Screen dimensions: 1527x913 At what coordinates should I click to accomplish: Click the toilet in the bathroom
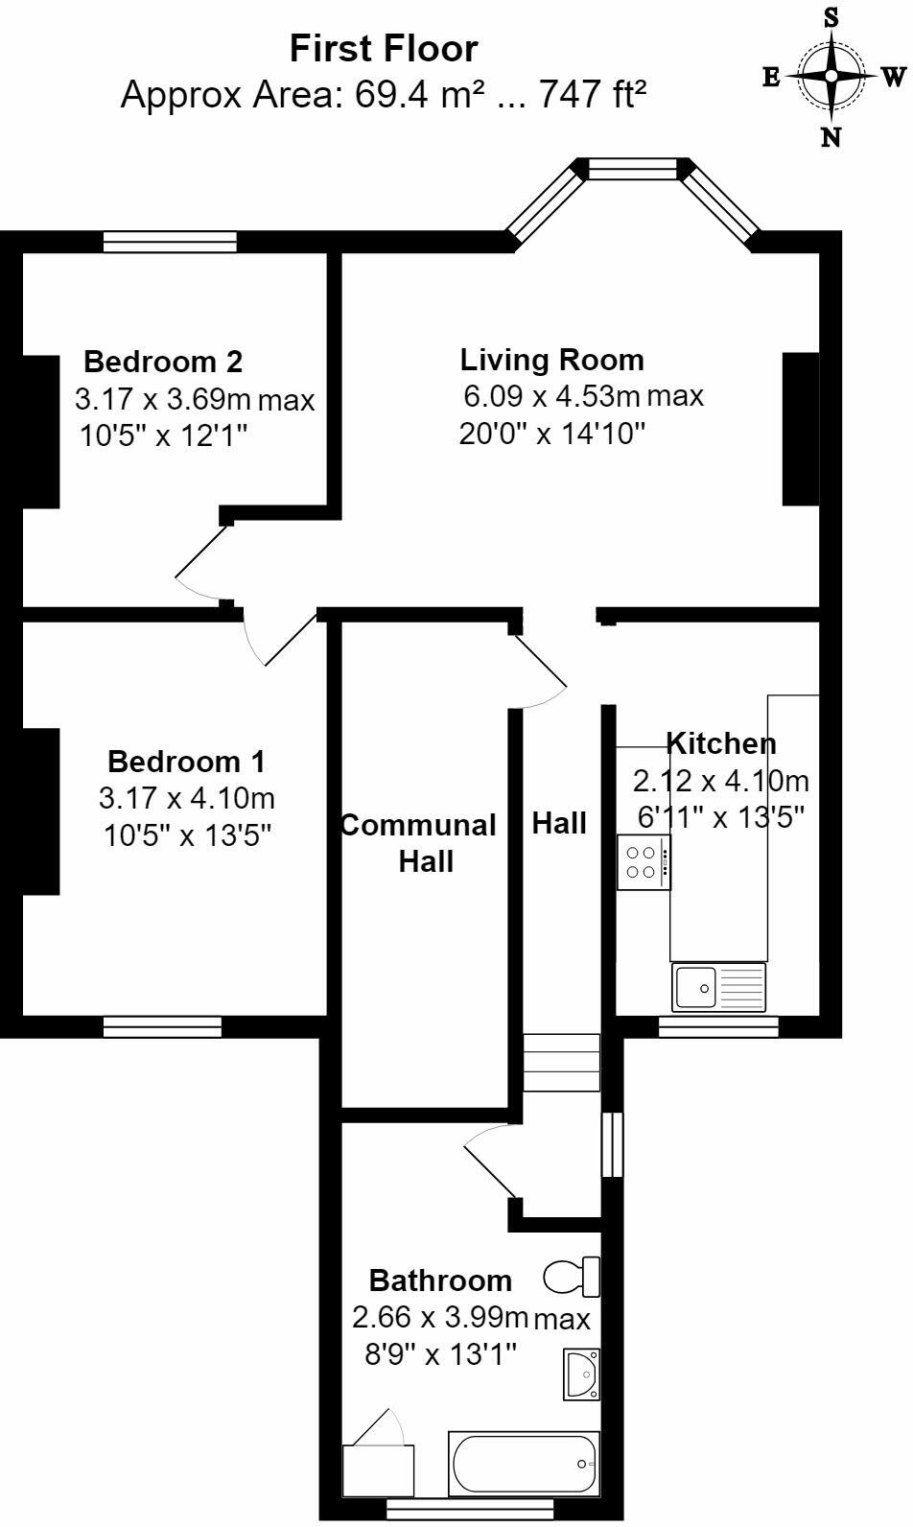pyautogui.click(x=573, y=1277)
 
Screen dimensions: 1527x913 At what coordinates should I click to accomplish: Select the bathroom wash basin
pyautogui.click(x=581, y=1374)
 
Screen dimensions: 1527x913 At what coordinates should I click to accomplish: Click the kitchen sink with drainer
pyautogui.click(x=719, y=987)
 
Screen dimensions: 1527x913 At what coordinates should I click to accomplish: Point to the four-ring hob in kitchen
pyautogui.click(x=643, y=860)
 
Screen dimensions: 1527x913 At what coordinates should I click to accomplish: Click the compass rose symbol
pyautogui.click(x=831, y=76)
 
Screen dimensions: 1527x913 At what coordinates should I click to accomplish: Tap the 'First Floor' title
pyautogui.click(x=384, y=49)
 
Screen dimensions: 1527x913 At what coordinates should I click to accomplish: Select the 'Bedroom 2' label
pyautogui.click(x=163, y=362)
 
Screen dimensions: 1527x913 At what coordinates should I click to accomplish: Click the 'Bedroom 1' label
pyautogui.click(x=186, y=762)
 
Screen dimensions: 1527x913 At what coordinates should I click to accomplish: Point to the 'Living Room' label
pyautogui.click(x=551, y=360)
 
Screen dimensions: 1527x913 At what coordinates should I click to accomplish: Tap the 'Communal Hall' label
pyautogui.click(x=420, y=842)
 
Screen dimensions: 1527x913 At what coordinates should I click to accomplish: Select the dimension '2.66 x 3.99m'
pyautogui.click(x=440, y=1317)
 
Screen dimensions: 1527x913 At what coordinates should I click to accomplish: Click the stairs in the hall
pyautogui.click(x=561, y=1062)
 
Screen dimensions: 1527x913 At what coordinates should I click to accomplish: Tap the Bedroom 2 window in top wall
pyautogui.click(x=170, y=241)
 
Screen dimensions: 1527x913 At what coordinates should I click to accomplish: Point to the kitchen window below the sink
pyautogui.click(x=718, y=1027)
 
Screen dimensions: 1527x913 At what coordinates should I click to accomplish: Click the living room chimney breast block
pyautogui.click(x=801, y=429)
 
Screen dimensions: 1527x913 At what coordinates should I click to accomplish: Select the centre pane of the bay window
pyautogui.click(x=632, y=170)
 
